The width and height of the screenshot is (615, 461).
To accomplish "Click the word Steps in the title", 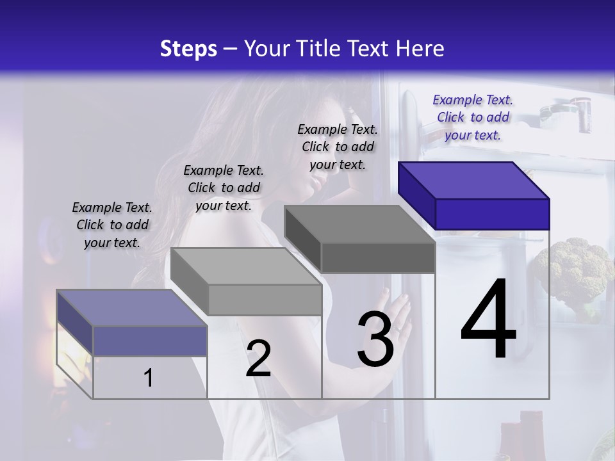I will click(188, 49).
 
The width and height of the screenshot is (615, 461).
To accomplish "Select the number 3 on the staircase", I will click(375, 339).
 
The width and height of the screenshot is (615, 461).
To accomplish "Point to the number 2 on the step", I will click(258, 359).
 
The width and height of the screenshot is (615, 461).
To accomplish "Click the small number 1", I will click(148, 378).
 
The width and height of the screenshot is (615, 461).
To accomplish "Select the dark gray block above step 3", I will click(361, 239).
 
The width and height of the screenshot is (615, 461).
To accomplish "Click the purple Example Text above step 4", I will click(473, 117).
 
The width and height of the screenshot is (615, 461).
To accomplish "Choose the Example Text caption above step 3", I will click(338, 147).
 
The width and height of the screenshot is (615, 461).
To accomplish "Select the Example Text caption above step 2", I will click(224, 188).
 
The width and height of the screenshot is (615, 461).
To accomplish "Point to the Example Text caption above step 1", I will click(112, 225).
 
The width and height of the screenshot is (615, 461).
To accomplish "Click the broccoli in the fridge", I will click(573, 269).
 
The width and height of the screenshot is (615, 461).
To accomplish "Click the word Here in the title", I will click(420, 49).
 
